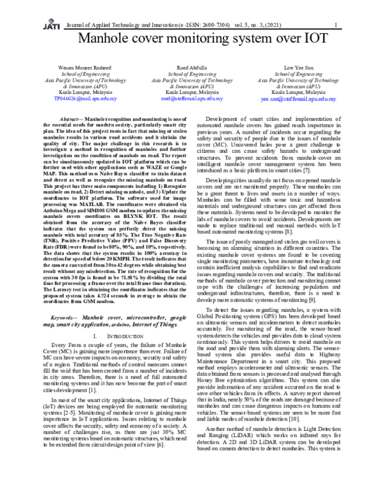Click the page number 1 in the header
[335, 25]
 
